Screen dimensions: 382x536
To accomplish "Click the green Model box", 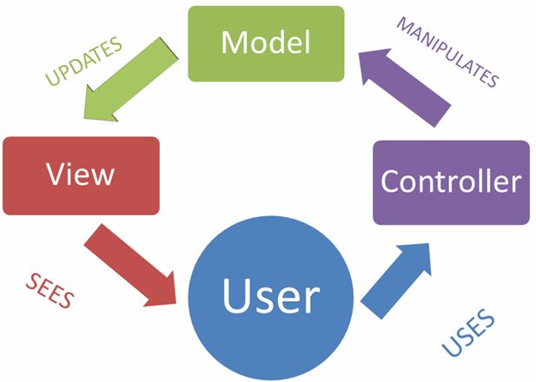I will tap(266, 44).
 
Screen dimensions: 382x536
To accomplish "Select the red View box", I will tap(81, 175).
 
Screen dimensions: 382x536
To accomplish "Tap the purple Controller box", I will tap(451, 181).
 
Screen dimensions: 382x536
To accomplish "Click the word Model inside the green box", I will tap(266, 43).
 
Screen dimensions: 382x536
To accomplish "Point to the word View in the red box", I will tap(81, 174).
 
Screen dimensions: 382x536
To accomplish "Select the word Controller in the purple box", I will tap(451, 181).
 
